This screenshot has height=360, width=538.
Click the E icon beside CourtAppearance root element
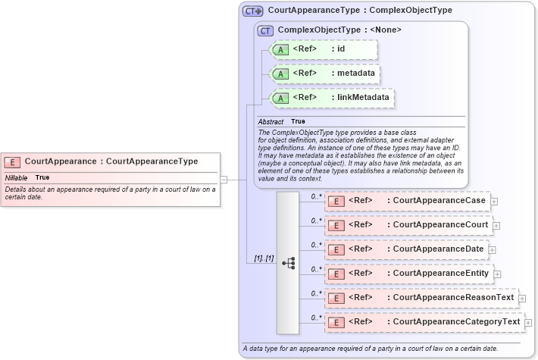pyautogui.click(x=13, y=161)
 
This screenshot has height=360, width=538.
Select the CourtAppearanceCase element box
pyautogui.click(x=406, y=201)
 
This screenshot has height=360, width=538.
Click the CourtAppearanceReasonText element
pyautogui.click(x=421, y=298)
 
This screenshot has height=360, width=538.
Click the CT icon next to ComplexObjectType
pyautogui.click(x=265, y=30)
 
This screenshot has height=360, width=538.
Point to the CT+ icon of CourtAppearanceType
pyautogui.click(x=252, y=11)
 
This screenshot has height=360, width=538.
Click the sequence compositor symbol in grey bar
pyautogui.click(x=288, y=262)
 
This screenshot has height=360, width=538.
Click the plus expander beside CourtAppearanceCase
pyautogui.click(x=494, y=201)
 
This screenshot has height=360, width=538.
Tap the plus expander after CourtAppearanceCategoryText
pyautogui.click(x=528, y=322)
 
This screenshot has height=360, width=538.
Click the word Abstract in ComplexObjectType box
pyautogui.click(x=271, y=121)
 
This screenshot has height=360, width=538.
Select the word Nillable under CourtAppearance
pyautogui.click(x=16, y=177)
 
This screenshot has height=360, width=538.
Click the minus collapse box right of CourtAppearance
pyautogui.click(x=224, y=180)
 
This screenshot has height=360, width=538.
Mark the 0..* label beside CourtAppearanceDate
pyautogui.click(x=317, y=245)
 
